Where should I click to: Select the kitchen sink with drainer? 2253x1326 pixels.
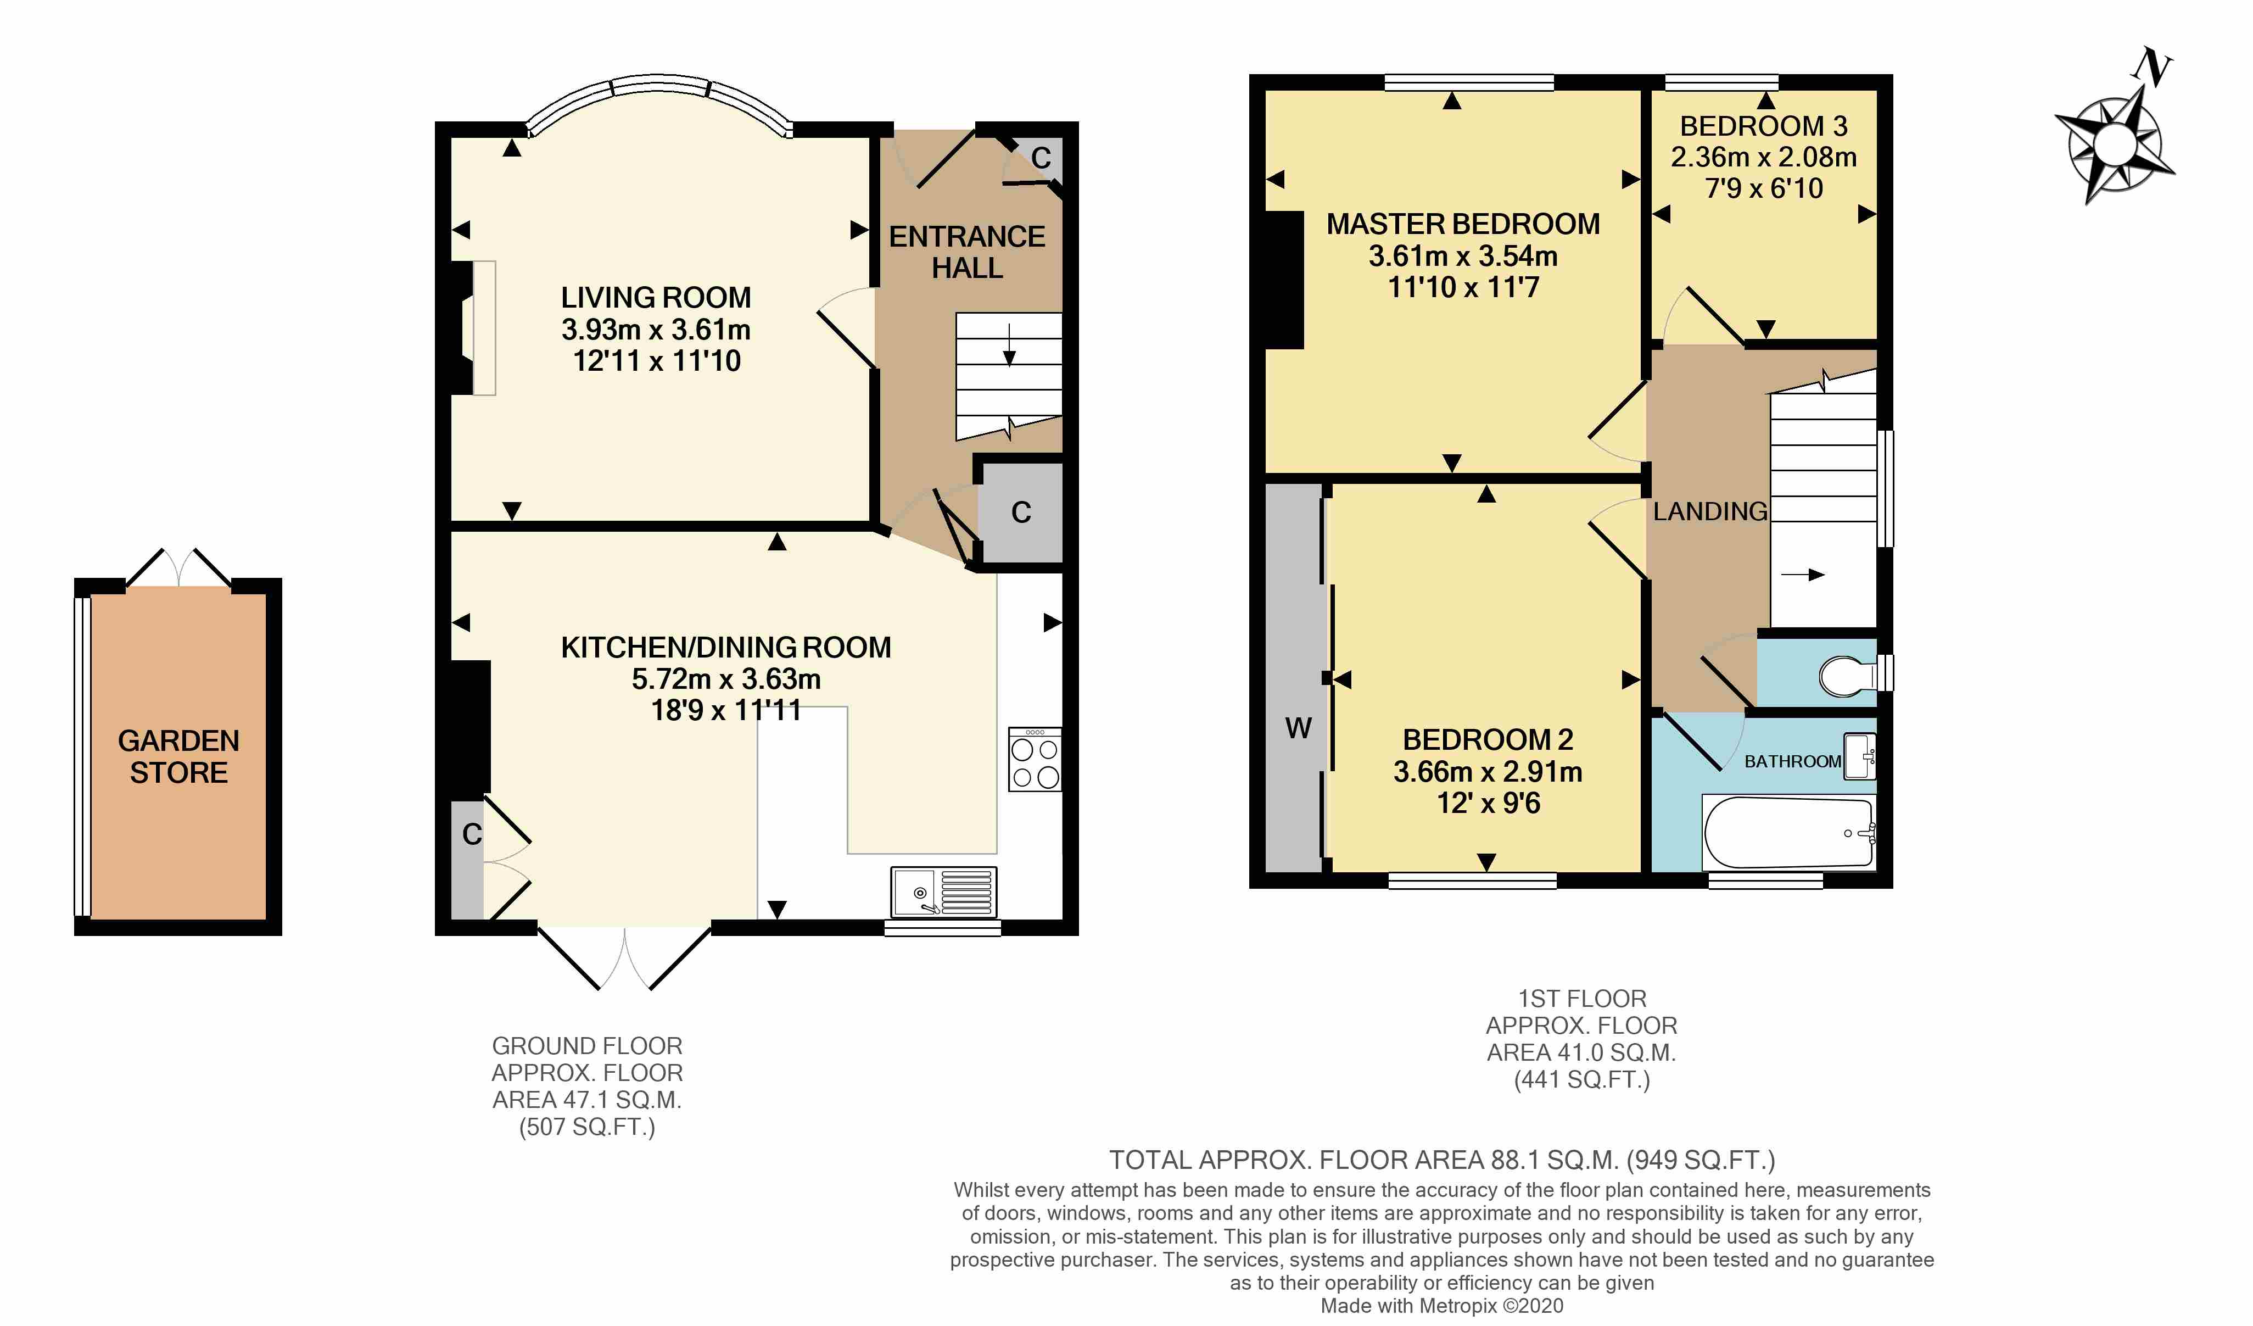943,893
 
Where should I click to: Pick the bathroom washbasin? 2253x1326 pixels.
1860,756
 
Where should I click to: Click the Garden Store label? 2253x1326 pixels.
179,756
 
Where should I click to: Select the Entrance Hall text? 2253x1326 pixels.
968,252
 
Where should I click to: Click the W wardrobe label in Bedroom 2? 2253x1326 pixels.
1298,729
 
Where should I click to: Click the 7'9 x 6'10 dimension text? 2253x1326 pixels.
1764,188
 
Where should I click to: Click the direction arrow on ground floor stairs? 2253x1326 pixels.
1009,345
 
